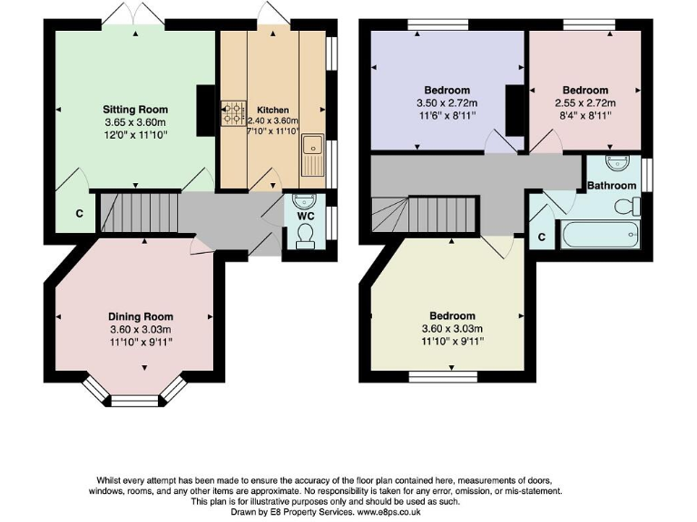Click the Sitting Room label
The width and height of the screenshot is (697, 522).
135,109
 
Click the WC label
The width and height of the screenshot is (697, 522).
306,217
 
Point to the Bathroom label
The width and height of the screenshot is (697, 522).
611,186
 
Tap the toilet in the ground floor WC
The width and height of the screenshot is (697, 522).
307,237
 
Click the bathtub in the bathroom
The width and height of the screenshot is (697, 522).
602,237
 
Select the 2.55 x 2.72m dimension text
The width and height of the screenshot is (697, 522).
584,102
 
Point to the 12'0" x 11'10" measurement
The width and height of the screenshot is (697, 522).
135,134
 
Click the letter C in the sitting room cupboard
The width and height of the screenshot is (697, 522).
80,215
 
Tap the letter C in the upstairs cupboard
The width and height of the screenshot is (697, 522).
542,237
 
